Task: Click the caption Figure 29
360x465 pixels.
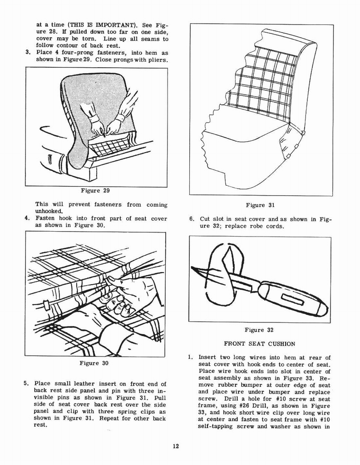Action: click(x=96, y=190)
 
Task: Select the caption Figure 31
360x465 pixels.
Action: click(x=260, y=205)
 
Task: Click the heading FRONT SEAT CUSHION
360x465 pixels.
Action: click(x=260, y=344)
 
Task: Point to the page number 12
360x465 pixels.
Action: click(x=176, y=446)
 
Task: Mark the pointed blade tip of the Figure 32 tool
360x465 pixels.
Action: click(x=193, y=268)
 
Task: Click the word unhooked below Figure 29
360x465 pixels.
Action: click(x=49, y=211)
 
